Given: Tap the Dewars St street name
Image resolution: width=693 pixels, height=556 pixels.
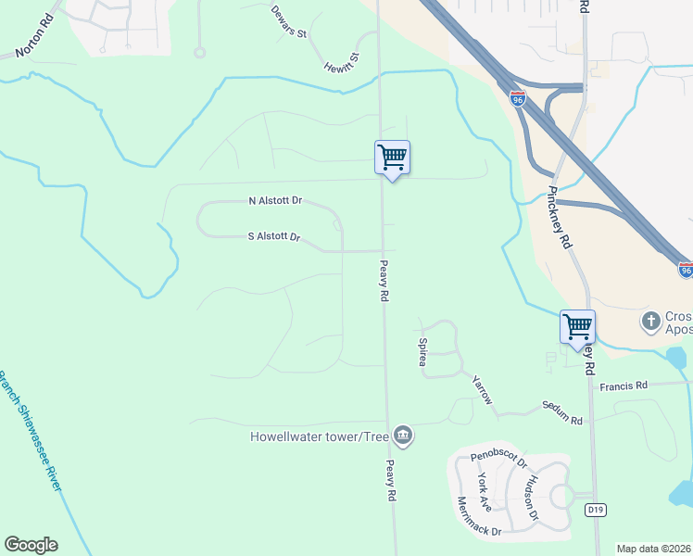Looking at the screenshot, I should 289,21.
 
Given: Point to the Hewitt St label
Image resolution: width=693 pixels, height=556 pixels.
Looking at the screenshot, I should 341,63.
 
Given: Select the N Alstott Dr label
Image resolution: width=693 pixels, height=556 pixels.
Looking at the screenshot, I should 275,201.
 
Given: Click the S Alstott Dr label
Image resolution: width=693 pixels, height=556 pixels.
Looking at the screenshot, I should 274,237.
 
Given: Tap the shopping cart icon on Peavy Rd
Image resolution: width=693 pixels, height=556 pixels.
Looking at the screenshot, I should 392,158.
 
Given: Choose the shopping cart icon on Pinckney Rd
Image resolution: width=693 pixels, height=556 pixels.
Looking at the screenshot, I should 577,327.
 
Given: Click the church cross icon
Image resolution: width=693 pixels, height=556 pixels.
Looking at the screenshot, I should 651,322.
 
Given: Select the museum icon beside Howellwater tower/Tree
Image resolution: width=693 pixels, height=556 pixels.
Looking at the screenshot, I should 403,435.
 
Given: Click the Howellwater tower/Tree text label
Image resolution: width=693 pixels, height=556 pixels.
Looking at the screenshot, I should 319,436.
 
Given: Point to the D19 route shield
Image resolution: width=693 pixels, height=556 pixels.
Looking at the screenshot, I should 595,510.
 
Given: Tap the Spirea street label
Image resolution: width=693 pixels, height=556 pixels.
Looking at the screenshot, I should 422,351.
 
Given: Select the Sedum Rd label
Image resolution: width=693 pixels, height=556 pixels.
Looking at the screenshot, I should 562,414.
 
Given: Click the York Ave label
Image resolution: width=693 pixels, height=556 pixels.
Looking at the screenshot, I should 483,491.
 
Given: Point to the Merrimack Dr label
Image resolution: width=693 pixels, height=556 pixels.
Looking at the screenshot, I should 479,518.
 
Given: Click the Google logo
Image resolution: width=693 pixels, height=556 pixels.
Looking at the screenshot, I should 31,545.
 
